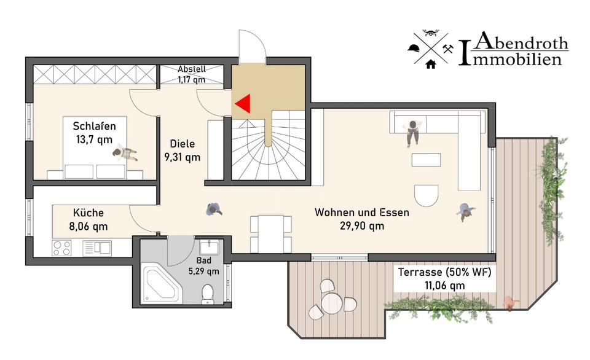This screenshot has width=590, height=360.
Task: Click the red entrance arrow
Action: (243, 104)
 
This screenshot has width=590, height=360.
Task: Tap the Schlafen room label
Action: (94, 126)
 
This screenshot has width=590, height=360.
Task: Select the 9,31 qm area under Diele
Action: (183, 157)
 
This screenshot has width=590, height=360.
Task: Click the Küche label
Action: (88, 213)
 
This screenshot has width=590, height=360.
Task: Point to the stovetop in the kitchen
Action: (61, 248)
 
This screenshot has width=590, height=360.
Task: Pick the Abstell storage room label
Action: (191, 69)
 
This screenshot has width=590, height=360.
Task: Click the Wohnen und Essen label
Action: (362, 213)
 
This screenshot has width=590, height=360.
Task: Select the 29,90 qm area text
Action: (362, 226)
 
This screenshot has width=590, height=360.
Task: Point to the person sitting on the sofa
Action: (412, 131)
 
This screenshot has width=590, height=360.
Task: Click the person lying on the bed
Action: (126, 153)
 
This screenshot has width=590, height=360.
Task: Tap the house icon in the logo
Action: (430, 63)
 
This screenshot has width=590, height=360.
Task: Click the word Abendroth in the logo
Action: (522, 43)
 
